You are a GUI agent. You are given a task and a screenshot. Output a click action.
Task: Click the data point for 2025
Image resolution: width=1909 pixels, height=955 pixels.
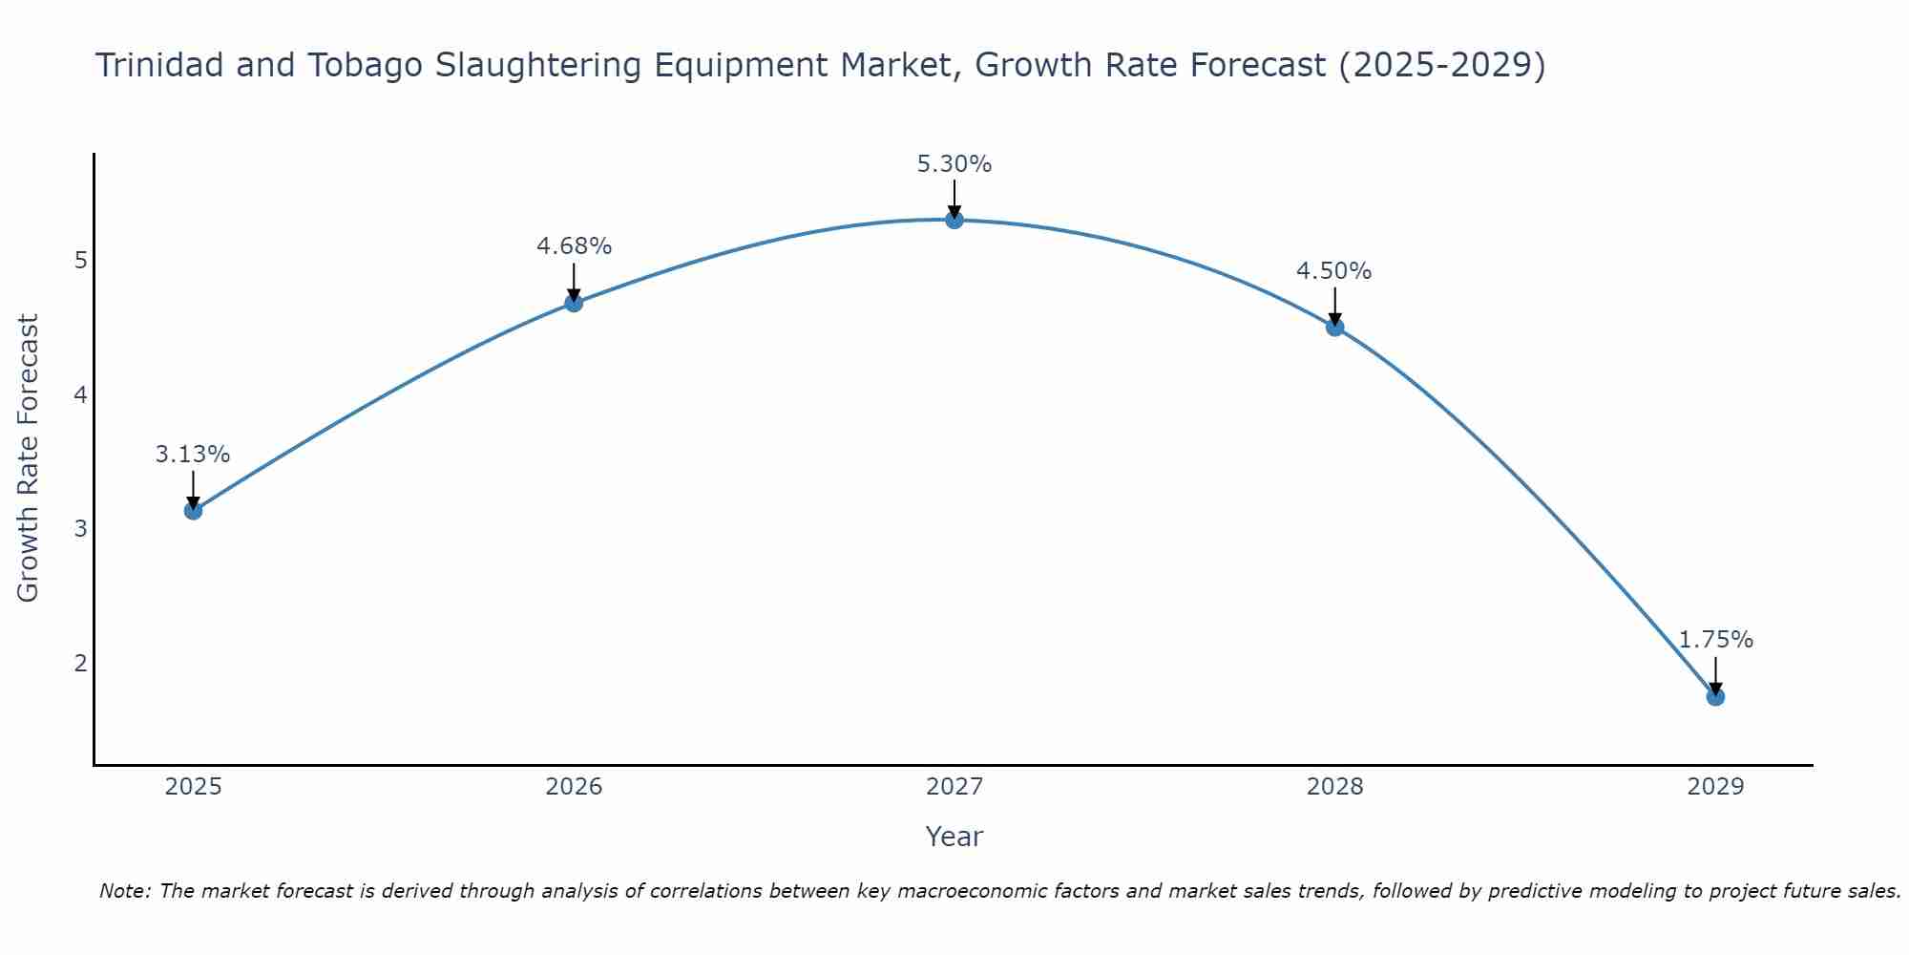[x=193, y=511]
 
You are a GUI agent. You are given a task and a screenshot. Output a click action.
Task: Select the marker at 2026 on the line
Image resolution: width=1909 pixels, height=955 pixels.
[x=574, y=303]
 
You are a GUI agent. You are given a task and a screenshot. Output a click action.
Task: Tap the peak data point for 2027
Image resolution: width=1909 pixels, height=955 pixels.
[x=954, y=220]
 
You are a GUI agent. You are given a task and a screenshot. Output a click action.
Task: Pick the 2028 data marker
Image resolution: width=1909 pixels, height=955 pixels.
[x=1334, y=328]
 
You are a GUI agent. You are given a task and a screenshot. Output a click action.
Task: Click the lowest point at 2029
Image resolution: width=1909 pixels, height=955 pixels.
[x=1715, y=697]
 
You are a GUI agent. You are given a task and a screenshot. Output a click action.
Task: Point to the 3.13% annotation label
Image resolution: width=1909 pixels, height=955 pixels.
[x=193, y=455]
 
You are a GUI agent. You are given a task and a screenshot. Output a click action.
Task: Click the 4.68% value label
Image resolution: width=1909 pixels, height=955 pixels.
[x=574, y=246]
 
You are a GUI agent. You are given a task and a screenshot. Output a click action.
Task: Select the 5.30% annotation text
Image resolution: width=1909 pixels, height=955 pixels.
[x=954, y=164]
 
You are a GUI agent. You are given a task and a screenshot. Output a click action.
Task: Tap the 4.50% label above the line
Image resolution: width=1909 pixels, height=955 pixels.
[x=1333, y=271]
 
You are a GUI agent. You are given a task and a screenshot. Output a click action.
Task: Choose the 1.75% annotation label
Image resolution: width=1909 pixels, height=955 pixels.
[x=1715, y=640]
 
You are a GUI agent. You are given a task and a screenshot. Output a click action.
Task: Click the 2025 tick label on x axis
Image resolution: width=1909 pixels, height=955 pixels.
[x=193, y=787]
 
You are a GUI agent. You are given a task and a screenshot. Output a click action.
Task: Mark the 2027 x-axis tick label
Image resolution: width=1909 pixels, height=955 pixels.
[x=954, y=787]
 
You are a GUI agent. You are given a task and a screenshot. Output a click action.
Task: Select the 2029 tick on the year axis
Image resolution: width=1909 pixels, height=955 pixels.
[x=1715, y=787]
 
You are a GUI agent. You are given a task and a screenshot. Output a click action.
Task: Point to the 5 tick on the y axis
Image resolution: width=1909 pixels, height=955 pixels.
[x=81, y=260]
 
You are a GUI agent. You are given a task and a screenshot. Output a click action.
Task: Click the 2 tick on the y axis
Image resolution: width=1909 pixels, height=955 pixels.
[x=81, y=663]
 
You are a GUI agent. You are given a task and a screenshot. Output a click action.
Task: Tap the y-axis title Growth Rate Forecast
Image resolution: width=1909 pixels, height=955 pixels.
[x=29, y=458]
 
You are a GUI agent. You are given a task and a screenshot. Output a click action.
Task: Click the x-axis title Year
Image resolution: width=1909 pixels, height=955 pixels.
[x=954, y=837]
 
